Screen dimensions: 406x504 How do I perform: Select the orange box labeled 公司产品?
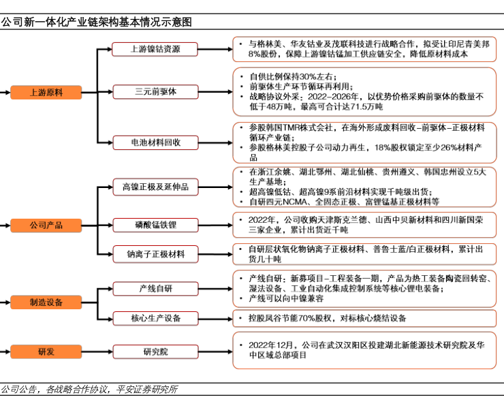[46, 224]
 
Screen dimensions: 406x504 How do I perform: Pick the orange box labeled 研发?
[46, 352]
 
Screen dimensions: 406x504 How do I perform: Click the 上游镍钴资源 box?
[156, 49]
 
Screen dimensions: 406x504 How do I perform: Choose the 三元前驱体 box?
[156, 92]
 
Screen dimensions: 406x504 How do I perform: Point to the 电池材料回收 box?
[156, 142]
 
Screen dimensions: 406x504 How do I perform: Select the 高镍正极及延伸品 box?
[156, 186]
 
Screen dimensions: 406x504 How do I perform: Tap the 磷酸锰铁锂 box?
[156, 224]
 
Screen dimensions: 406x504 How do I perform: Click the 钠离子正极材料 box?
[156, 254]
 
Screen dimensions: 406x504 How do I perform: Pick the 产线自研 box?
[156, 289]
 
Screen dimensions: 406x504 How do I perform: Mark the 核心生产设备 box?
[156, 318]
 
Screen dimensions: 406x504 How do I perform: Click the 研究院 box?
[156, 352]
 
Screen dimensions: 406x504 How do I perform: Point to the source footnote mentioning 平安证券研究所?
[89, 390]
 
